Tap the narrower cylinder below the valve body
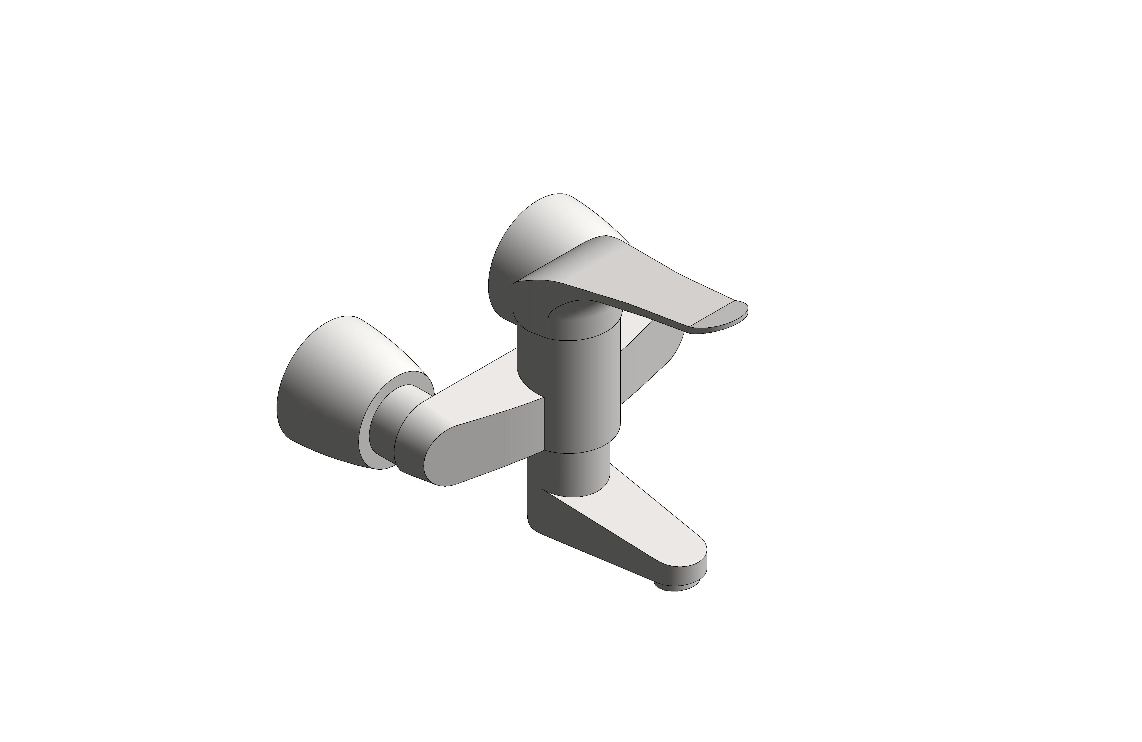576,473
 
